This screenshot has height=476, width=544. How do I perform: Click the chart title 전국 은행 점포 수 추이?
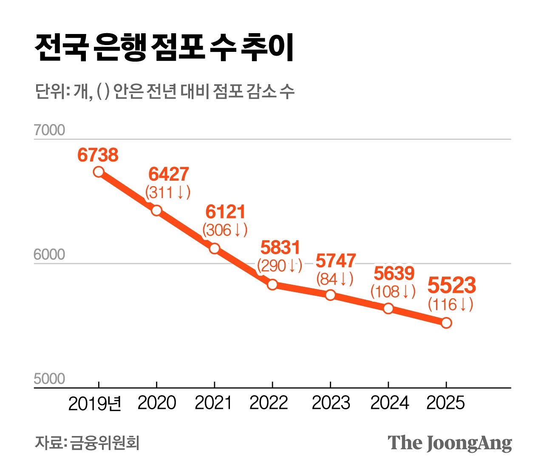(164, 48)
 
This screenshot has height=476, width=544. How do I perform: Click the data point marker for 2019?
(99, 172)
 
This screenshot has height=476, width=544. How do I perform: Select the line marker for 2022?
(272, 285)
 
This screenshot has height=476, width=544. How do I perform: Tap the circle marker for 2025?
(446, 323)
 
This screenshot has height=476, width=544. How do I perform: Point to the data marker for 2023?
(330, 295)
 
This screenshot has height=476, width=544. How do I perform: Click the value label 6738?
(98, 155)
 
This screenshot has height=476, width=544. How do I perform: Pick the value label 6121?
(225, 212)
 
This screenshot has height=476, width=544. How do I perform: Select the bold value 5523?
(451, 286)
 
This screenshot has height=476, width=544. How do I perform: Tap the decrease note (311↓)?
(168, 193)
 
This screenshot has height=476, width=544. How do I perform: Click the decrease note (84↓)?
(335, 279)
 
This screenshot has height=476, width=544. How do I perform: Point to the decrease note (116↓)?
(450, 305)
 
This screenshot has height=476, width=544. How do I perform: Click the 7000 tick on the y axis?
(49, 130)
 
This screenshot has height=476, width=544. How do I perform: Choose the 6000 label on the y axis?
(49, 255)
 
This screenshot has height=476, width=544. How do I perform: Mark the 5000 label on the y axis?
(49, 379)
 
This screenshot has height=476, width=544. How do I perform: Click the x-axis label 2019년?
(95, 403)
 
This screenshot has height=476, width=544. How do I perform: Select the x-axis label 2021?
(213, 403)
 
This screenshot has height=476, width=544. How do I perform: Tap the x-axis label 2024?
(389, 403)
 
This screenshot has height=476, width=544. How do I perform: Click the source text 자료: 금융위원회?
(87, 443)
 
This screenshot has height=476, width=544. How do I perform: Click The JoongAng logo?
(450, 443)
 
